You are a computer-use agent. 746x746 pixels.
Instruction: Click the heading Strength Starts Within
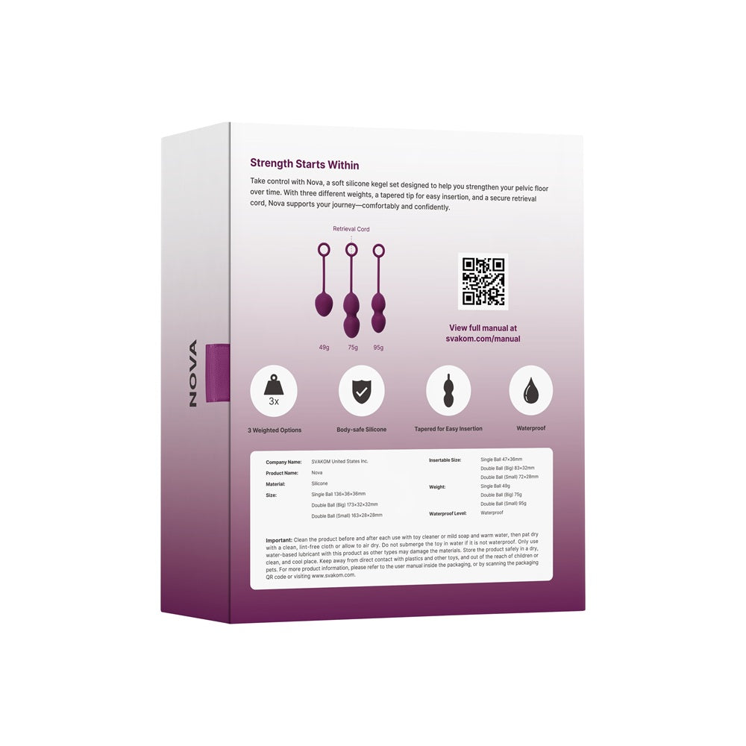point(304,163)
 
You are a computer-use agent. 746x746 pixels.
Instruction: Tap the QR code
point(483,281)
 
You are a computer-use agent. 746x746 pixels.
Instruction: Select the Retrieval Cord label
point(351,229)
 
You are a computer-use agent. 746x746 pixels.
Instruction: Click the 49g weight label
point(324,347)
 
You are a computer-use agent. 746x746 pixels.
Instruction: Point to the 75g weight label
point(352,347)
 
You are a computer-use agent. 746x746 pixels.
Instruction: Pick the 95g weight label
point(379,347)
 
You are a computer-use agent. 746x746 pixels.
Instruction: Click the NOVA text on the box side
point(192,373)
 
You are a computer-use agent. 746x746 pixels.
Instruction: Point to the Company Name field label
point(283,462)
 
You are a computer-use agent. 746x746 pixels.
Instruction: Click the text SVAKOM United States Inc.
point(339,462)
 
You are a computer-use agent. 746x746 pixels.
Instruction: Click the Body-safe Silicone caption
point(362,430)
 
